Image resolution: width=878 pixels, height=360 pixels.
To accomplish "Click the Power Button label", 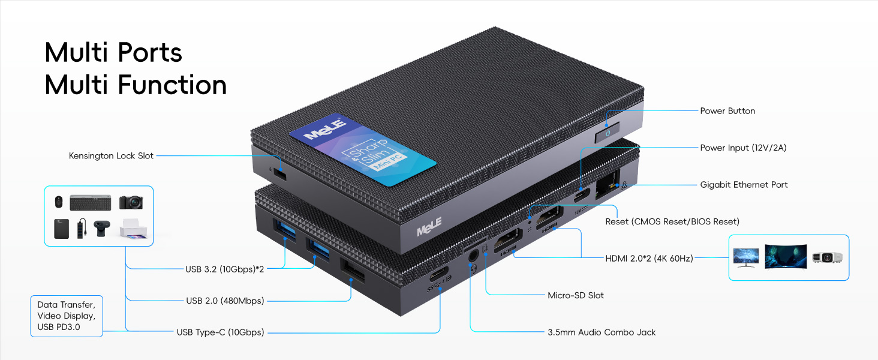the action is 727,111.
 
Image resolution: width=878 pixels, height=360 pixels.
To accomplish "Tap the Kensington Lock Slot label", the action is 111,156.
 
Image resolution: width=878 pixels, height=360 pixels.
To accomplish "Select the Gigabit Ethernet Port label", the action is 744,185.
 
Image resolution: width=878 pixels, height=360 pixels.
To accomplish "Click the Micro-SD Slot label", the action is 576,295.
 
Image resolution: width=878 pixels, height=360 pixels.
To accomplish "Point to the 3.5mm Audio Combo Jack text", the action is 602,332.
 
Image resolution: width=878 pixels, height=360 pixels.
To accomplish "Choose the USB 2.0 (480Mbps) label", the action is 224,301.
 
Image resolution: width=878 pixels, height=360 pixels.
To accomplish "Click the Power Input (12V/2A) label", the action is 743,148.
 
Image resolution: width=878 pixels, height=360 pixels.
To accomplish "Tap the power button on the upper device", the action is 608,133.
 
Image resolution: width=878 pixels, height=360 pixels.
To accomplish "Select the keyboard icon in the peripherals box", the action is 90,202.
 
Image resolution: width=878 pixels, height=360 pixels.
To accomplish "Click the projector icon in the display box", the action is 827,257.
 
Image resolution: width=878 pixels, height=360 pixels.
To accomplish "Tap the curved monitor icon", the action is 784,256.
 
